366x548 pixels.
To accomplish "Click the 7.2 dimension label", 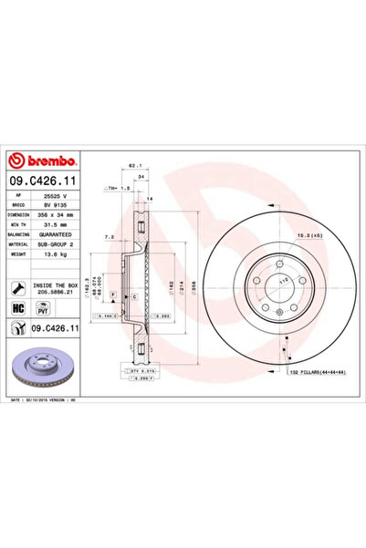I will tap(110, 235).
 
